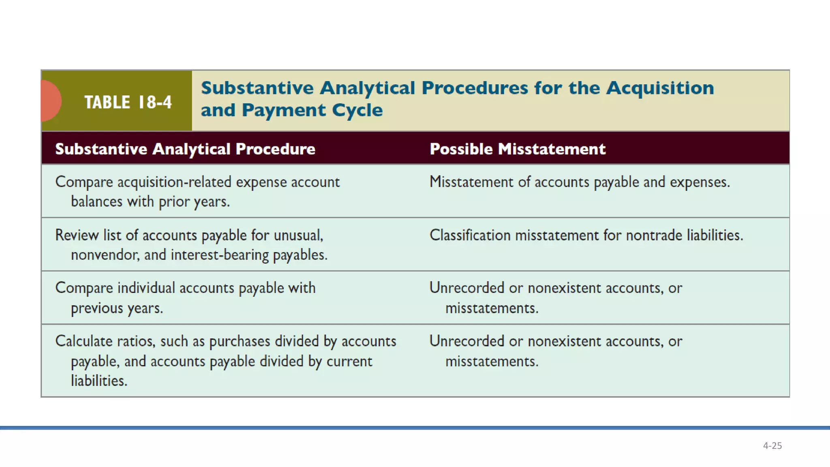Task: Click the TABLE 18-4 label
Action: pos(128,102)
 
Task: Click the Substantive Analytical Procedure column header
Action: pos(185,149)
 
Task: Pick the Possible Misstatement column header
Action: pos(517,149)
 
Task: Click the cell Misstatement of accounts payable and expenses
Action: pos(579,182)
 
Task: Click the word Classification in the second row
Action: pos(470,235)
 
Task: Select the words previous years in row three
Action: pos(117,308)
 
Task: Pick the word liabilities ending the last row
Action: pos(98,381)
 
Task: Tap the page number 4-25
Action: pos(772,446)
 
